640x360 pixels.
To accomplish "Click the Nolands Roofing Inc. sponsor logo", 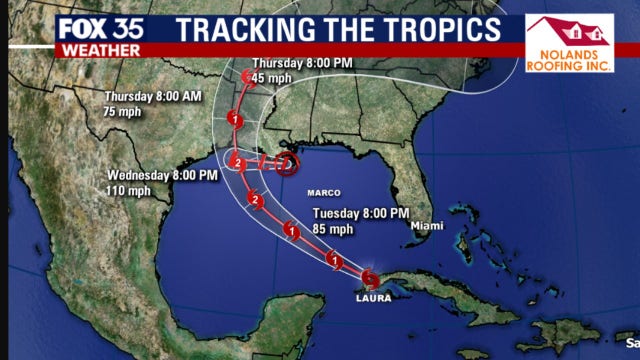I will click(569, 43).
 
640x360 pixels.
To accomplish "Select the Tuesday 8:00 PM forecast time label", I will click(361, 213).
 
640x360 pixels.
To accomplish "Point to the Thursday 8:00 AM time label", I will click(152, 97).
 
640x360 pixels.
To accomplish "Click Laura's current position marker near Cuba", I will click(371, 278).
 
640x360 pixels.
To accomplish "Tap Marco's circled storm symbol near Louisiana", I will click(287, 162).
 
